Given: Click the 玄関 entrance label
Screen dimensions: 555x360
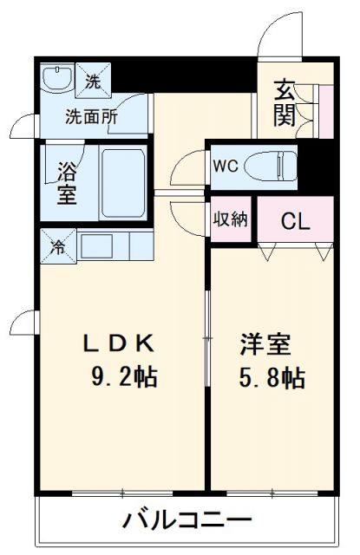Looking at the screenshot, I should (x=285, y=102).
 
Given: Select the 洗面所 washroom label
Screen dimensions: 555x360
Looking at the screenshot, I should (x=92, y=115).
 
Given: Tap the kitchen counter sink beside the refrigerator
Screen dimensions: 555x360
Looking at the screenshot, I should (x=97, y=245).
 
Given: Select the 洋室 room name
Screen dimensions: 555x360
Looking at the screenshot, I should (x=265, y=343).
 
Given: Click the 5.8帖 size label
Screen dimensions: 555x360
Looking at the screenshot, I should (x=272, y=378).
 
